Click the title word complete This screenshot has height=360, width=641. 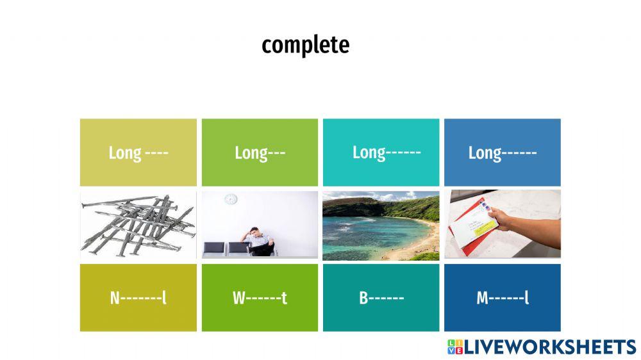[x=305, y=45]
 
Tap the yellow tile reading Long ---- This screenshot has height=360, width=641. [x=138, y=152]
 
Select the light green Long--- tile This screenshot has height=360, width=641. [x=260, y=152]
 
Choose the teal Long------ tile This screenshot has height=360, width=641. [x=381, y=152]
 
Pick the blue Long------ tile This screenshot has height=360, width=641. [x=502, y=152]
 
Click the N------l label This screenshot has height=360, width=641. [x=138, y=298]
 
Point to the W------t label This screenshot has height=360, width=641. [x=260, y=298]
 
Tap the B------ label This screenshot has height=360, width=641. [x=381, y=298]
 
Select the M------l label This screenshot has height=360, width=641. [x=502, y=298]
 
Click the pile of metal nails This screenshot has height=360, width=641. [x=138, y=225]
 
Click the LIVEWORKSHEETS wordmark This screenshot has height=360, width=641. [x=550, y=347]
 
